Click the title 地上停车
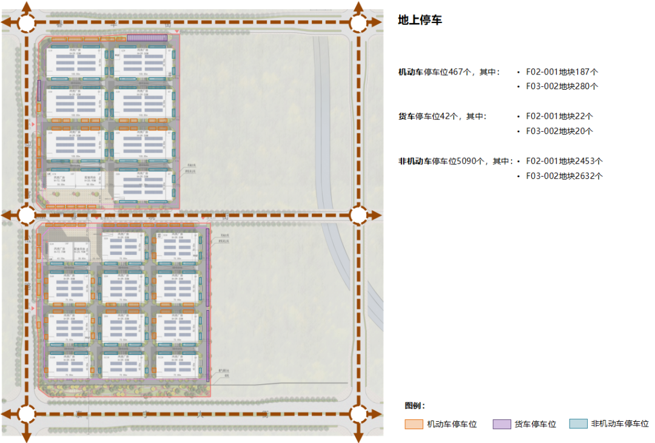(420, 20)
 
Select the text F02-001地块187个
(562, 72)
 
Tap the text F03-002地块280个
(562, 86)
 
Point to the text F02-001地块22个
(559, 116)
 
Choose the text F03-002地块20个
(559, 130)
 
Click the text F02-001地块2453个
(564, 161)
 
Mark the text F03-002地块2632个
(564, 176)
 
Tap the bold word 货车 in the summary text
(406, 116)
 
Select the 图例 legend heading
(415, 405)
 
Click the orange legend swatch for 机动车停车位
(414, 424)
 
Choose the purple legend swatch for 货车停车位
(502, 424)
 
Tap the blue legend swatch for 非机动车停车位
(578, 424)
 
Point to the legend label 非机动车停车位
(620, 424)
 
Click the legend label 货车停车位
(536, 424)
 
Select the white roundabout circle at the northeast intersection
(358, 23)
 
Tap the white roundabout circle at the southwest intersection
(27, 414)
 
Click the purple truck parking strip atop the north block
(147, 38)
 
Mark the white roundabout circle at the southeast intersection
(358, 414)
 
